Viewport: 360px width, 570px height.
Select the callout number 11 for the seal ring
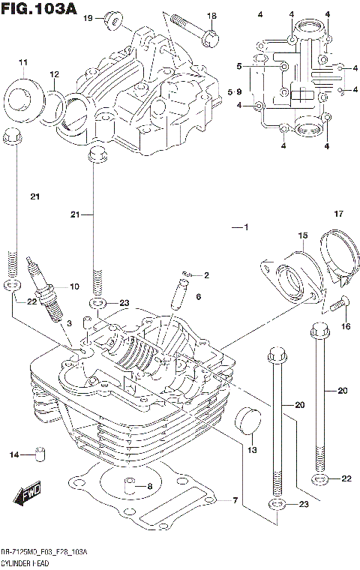tap(22, 61)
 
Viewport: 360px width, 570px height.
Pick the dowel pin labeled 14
tap(41, 455)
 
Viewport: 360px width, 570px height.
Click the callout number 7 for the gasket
tap(234, 500)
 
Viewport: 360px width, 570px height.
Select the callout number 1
tap(244, 228)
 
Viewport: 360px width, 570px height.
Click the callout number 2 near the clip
tap(205, 275)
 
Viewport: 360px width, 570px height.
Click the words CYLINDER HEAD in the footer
tap(27, 562)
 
